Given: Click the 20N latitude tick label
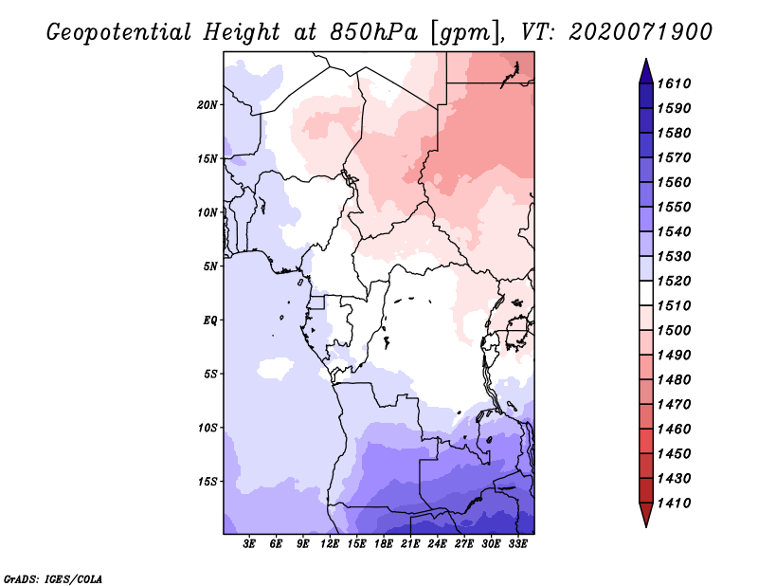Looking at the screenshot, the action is pos(207,105).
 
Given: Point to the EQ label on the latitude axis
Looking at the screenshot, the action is pos(210,320).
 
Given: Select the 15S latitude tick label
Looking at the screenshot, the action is pos(207,482).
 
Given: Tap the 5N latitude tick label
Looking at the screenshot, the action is pos(210,266).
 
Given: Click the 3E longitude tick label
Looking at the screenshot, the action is pos(249,544).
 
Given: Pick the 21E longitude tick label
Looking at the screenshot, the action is pos(410,544).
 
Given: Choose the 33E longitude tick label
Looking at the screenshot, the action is pos(517,544).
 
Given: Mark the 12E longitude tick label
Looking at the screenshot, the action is pos(330,544).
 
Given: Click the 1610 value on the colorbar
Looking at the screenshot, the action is pos(674,83).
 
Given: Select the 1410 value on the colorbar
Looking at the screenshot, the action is pos(674,504).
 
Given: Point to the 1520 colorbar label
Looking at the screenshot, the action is pos(674,281).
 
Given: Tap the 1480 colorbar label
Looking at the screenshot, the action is pos(674,380).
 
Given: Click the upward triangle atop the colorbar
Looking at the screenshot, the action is pos(646,73).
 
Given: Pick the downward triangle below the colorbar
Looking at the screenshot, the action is pos(646,513).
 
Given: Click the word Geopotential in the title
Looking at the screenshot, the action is pos(119,32).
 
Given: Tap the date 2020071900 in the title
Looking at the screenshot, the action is pos(641,32).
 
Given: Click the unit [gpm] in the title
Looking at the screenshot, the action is pos(464,33).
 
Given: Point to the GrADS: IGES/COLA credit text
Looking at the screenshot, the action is pos(53,579).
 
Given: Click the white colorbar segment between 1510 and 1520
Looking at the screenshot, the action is pos(646,293).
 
